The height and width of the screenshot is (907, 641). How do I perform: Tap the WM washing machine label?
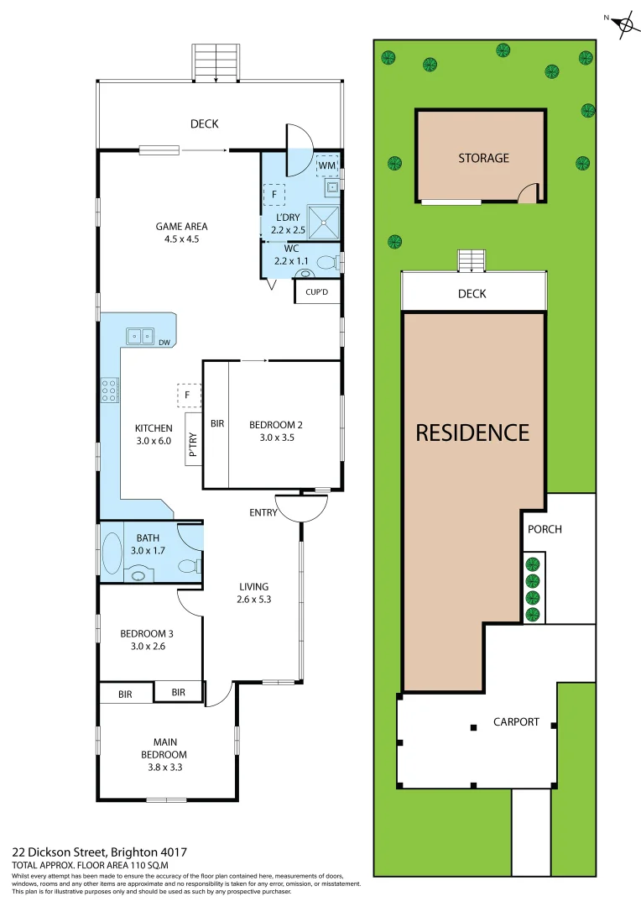click(x=326, y=166)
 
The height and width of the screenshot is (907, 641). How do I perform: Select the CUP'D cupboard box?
click(x=316, y=292)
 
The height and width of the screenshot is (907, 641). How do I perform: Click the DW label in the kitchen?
click(x=164, y=342)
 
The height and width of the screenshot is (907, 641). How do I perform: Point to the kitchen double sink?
click(x=140, y=337)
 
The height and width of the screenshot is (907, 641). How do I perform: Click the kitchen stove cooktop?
click(x=110, y=390)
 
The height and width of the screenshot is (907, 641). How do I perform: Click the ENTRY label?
click(x=263, y=512)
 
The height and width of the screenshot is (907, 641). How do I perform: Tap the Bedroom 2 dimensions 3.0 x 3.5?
click(x=272, y=438)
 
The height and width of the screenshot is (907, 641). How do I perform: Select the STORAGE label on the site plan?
click(x=483, y=158)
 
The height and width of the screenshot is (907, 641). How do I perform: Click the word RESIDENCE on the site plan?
click(x=473, y=433)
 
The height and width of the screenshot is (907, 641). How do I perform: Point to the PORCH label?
click(x=545, y=529)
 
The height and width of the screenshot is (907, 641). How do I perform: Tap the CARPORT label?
click(x=516, y=721)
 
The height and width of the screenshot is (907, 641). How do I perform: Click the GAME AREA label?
click(x=181, y=226)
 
